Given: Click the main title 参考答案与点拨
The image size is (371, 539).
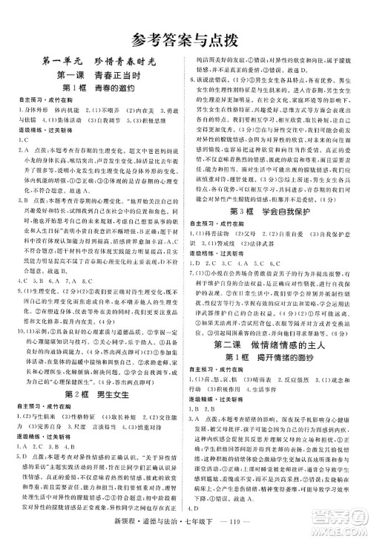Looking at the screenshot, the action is click(x=185, y=39).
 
